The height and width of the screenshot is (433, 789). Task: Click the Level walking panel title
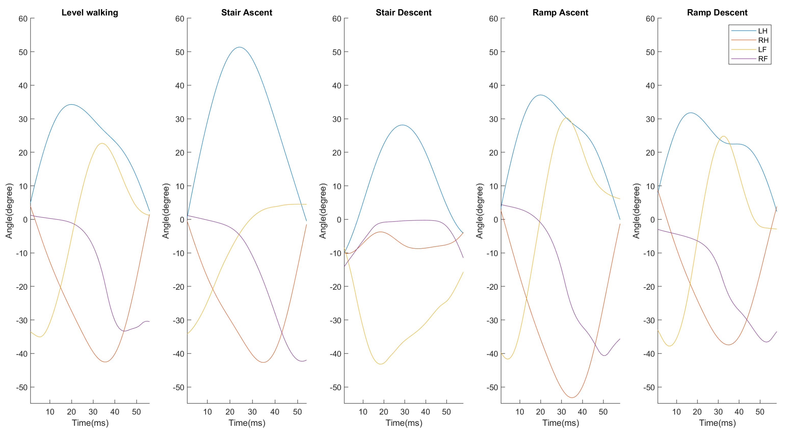(90, 12)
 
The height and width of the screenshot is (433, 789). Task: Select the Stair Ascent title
(247, 12)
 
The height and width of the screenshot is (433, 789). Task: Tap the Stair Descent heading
(403, 12)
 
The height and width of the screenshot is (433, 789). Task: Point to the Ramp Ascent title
(560, 12)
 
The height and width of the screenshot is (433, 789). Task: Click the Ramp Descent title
(717, 12)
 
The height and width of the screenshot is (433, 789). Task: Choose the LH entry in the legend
(762, 31)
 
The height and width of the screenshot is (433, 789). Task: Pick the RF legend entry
(762, 59)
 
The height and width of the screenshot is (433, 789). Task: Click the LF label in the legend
(762, 50)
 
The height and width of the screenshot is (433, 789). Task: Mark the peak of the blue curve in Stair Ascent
(239, 47)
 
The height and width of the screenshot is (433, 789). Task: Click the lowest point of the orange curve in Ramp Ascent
(572, 398)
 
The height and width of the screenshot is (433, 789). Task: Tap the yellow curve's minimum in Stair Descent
(380, 364)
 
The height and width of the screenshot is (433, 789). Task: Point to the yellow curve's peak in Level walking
(102, 143)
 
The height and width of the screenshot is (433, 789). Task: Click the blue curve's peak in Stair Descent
(402, 125)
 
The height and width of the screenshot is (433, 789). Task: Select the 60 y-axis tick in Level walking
(23, 19)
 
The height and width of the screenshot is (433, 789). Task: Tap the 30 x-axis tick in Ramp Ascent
(561, 412)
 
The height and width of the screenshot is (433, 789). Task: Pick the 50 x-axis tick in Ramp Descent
(760, 412)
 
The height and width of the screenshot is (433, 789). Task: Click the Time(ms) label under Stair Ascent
(247, 423)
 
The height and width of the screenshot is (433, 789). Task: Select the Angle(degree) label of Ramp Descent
(636, 211)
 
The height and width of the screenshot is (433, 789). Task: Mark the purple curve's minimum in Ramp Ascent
(604, 356)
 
